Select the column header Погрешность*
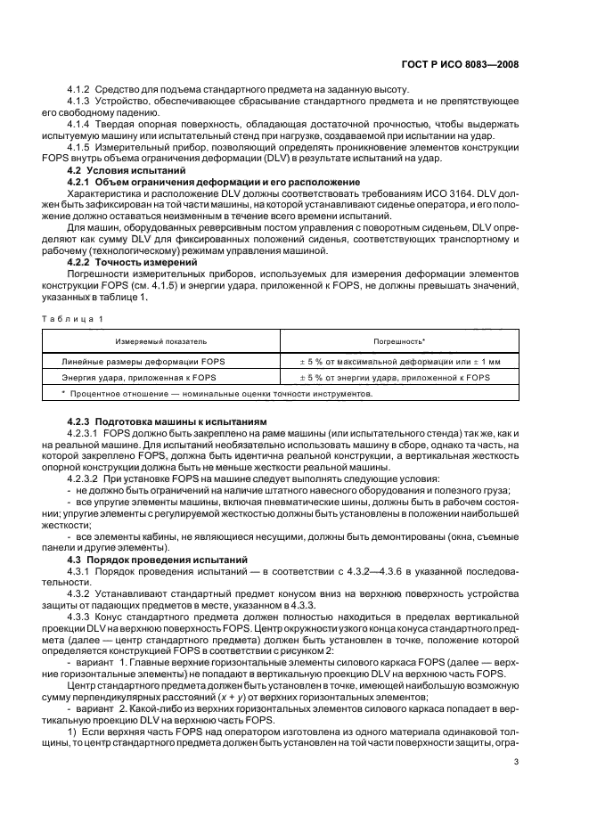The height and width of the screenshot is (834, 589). click(x=398, y=341)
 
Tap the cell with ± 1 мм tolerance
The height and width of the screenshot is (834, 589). click(x=398, y=361)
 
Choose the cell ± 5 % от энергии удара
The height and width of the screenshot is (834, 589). click(x=398, y=378)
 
